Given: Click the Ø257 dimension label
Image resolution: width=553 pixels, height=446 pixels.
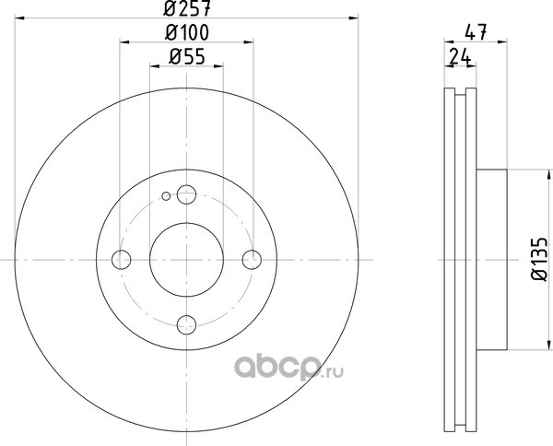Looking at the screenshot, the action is [x=187, y=8].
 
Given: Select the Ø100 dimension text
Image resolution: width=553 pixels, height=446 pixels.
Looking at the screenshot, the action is [x=187, y=32].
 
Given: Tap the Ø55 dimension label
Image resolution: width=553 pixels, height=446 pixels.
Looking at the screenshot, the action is [x=187, y=56].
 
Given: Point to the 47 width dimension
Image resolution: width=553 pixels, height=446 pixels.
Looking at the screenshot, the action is [x=476, y=32].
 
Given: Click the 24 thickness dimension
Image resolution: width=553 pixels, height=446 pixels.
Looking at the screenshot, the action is [x=460, y=56].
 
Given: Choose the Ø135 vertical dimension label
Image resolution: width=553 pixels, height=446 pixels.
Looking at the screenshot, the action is [x=539, y=260].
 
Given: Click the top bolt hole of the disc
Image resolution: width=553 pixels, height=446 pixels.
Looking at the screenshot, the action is [x=186, y=194].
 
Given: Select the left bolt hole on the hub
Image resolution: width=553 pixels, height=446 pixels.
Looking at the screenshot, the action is [x=122, y=260].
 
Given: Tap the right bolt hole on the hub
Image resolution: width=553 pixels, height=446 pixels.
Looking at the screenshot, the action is [x=252, y=260].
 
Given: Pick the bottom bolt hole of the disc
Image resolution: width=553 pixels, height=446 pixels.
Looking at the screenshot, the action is [x=186, y=324].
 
